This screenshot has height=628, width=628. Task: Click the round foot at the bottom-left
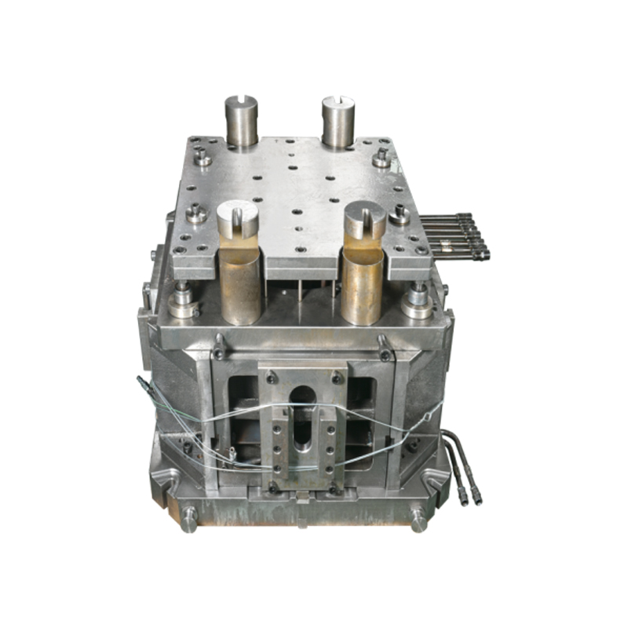(189, 519)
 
